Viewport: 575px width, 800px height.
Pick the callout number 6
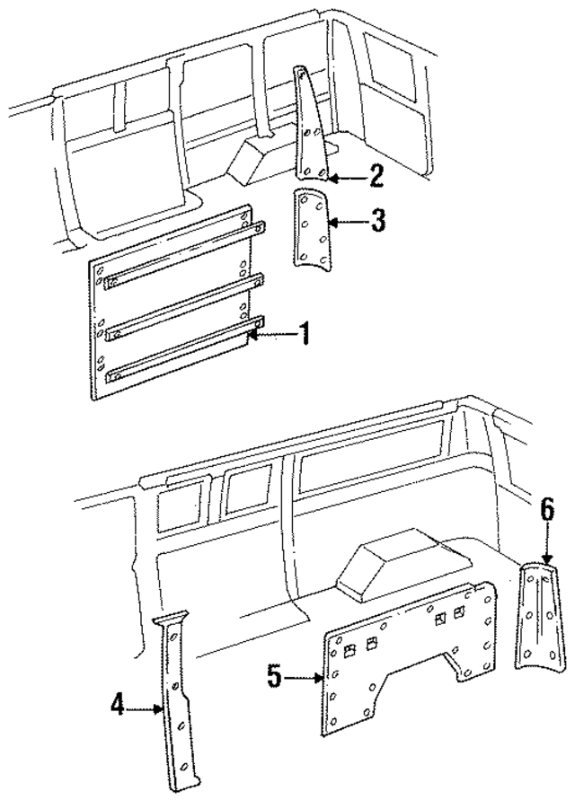click(548, 511)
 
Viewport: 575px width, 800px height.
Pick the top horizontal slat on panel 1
click(184, 253)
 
